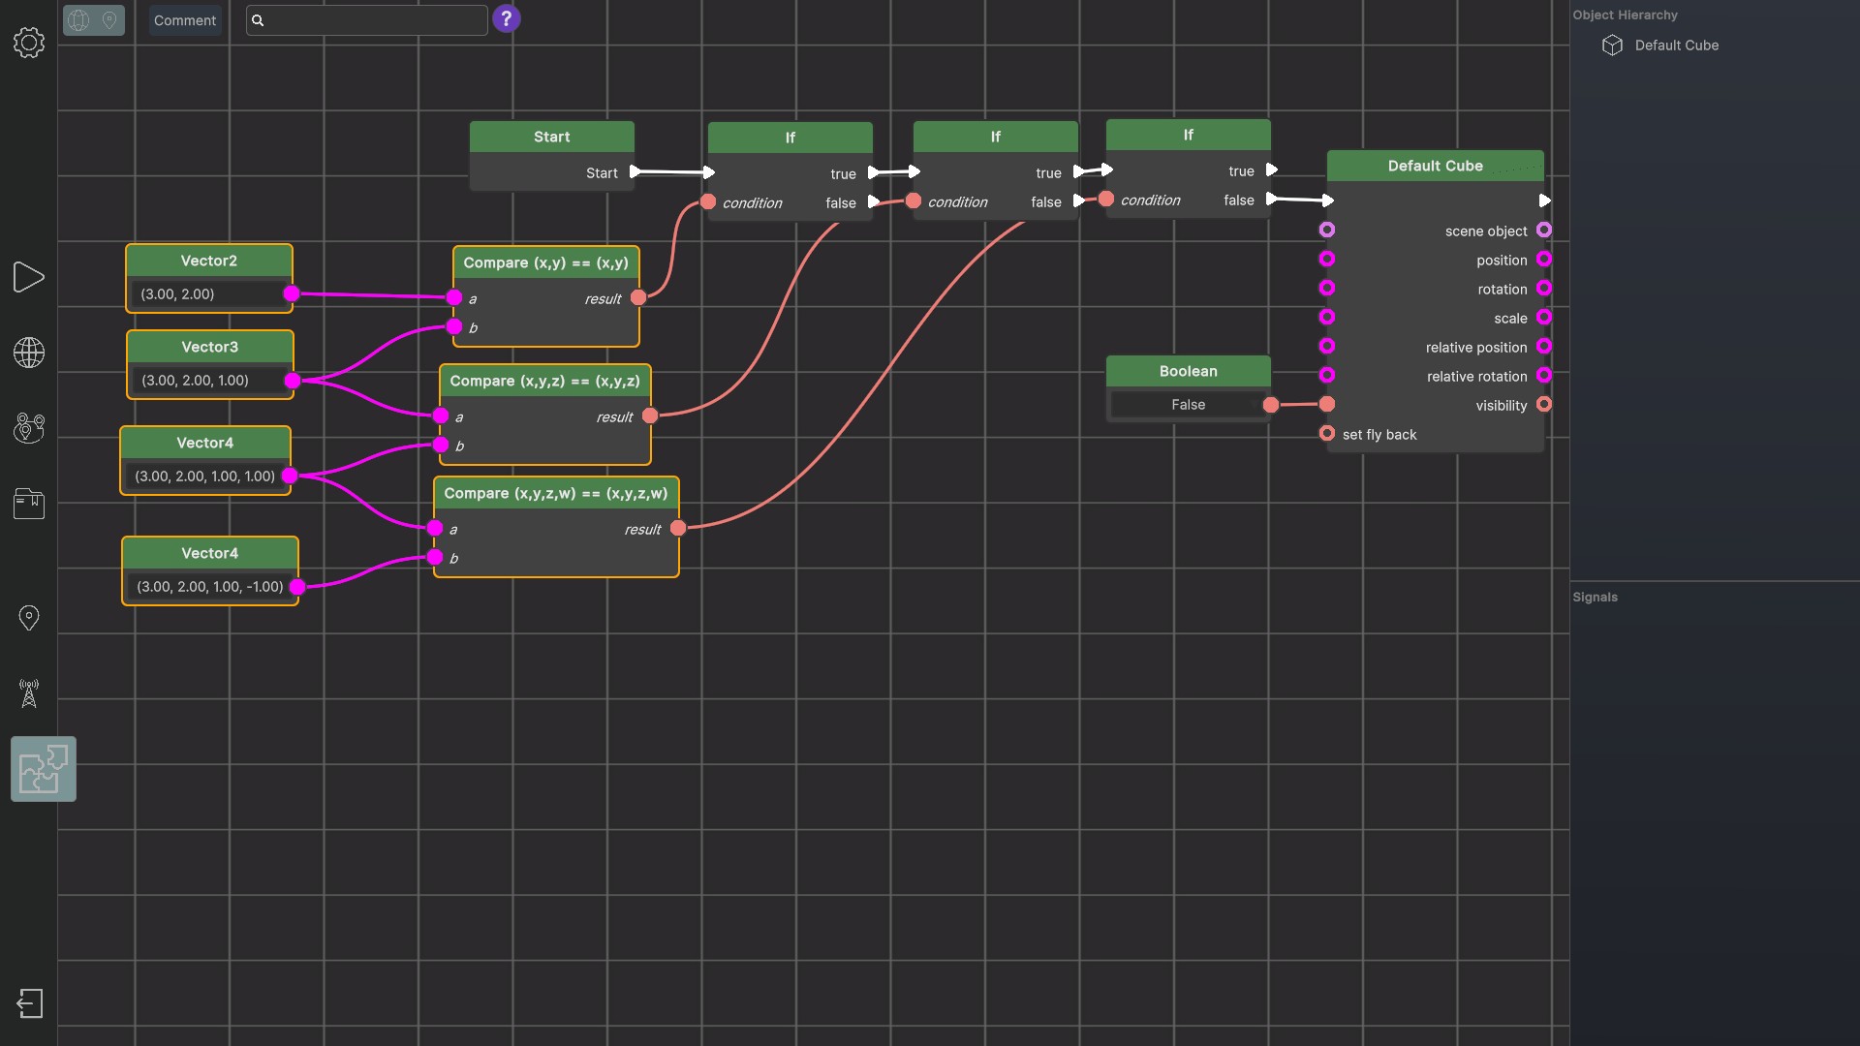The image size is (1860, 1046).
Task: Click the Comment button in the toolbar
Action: click(185, 20)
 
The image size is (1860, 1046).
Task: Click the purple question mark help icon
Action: click(507, 19)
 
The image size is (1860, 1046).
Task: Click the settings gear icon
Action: click(29, 43)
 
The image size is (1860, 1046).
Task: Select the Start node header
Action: click(552, 137)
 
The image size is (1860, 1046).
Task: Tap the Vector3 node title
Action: click(209, 347)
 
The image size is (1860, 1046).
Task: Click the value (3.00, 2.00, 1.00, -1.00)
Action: click(210, 587)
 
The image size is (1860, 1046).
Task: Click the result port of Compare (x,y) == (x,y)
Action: click(638, 298)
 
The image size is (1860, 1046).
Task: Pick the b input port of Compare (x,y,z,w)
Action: click(435, 558)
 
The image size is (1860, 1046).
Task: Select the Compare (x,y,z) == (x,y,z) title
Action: click(544, 382)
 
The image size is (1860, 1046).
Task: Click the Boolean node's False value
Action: click(1188, 405)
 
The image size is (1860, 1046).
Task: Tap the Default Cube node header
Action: click(1436, 166)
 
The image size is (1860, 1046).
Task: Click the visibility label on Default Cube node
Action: click(1502, 406)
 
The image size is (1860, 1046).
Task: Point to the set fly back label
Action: click(1379, 435)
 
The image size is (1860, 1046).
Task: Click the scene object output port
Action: click(1544, 231)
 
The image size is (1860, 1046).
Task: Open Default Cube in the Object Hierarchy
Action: click(1676, 46)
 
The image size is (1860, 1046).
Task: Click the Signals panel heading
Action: click(1596, 598)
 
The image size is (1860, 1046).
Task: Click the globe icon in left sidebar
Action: click(29, 353)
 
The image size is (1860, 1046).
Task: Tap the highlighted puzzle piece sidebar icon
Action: click(44, 769)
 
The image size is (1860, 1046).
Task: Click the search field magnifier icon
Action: click(258, 20)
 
